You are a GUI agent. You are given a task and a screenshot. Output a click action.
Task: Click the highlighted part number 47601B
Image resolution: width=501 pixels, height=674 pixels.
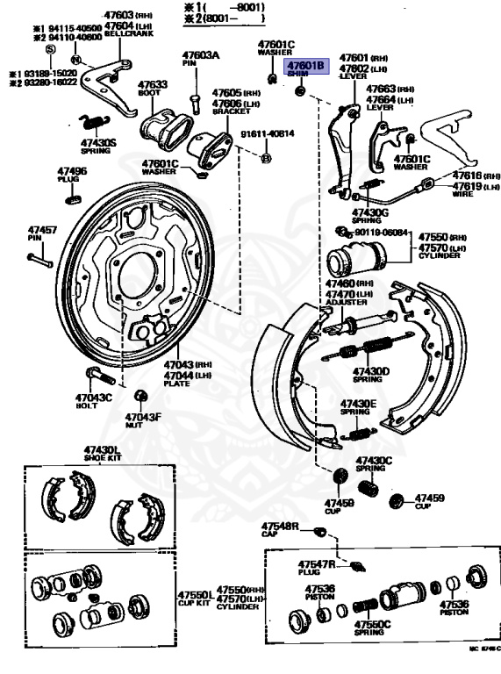click(306, 66)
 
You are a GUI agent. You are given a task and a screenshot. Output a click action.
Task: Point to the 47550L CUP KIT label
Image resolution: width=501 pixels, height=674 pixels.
click(195, 599)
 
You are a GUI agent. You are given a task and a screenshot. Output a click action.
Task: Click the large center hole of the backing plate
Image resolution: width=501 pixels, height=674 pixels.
click(138, 267)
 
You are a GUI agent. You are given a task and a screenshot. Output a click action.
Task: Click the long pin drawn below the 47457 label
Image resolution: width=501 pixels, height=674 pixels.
click(39, 260)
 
